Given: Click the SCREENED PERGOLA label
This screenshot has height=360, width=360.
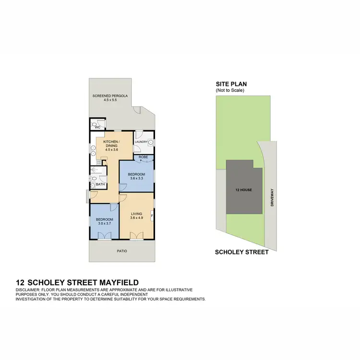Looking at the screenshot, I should click(x=110, y=96).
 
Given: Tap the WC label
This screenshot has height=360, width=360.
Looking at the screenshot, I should click(x=97, y=128).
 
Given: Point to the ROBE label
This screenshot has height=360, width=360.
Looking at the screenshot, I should click(x=143, y=157).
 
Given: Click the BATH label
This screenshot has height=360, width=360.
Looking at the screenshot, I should click(x=100, y=184).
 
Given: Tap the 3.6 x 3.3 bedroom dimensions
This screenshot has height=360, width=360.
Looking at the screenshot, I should click(x=137, y=179).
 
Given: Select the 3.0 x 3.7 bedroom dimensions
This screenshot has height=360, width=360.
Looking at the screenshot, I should click(x=104, y=223).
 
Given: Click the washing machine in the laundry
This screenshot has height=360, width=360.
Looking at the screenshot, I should click(x=150, y=143).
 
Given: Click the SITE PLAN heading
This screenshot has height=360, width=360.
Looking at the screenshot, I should click(x=231, y=84).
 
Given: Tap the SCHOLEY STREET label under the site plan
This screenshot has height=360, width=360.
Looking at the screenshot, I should click(x=241, y=252).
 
